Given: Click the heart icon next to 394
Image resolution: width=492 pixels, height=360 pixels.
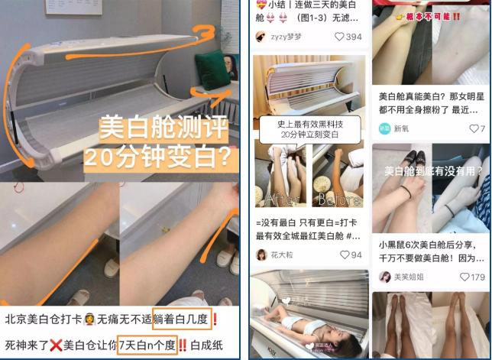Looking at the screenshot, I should click(x=340, y=36).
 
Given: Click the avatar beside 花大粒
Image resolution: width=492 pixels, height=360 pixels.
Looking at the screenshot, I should click(x=261, y=255).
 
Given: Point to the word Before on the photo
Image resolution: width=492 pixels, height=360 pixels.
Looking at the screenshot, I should click(x=337, y=200).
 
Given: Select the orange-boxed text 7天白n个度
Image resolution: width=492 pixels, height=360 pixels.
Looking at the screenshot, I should click(x=148, y=343).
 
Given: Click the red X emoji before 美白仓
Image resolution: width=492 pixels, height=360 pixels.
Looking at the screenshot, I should click(x=55, y=343).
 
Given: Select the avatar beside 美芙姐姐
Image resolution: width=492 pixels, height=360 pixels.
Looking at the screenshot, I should click(x=385, y=277).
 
